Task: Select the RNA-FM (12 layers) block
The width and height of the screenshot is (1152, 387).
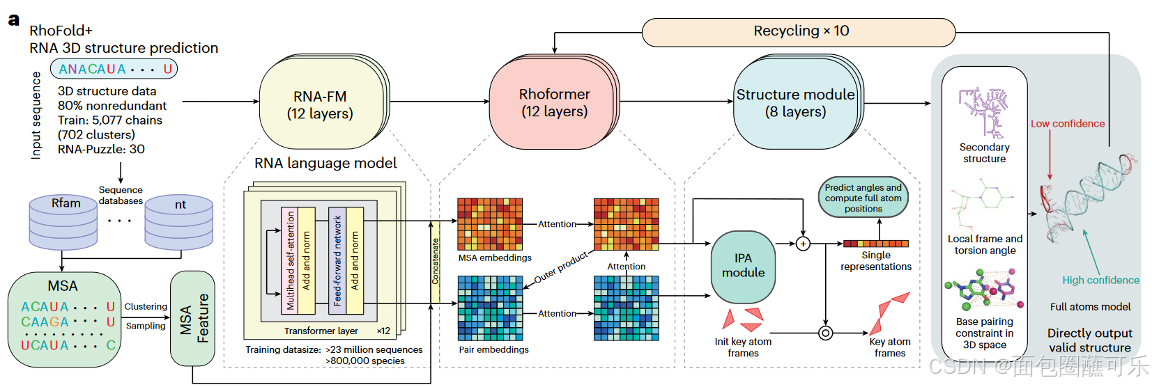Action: click(320, 105)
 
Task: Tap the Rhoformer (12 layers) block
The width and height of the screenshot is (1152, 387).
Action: click(554, 103)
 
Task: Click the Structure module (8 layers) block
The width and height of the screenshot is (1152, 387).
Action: click(795, 103)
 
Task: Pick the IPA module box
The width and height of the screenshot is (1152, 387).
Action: click(743, 266)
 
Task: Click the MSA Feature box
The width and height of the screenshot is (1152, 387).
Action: click(192, 318)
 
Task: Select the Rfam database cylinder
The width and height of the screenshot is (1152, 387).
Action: click(63, 221)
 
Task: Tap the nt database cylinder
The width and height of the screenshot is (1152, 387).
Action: click(179, 222)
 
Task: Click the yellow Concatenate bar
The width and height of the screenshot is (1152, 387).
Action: click(435, 262)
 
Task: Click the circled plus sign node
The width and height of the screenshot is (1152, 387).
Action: click(803, 244)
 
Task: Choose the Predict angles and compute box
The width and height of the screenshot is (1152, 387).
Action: click(863, 198)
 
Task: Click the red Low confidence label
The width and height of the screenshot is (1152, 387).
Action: click(1068, 124)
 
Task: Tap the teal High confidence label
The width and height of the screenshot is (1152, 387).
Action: click(1100, 281)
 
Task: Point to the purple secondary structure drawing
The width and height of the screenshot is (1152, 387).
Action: click(983, 111)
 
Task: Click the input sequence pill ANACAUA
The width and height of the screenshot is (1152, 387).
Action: click(114, 69)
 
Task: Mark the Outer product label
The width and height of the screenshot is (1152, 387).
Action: click(560, 268)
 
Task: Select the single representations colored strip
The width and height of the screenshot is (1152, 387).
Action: click(875, 244)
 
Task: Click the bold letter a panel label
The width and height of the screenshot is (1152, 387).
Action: click(13, 19)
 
